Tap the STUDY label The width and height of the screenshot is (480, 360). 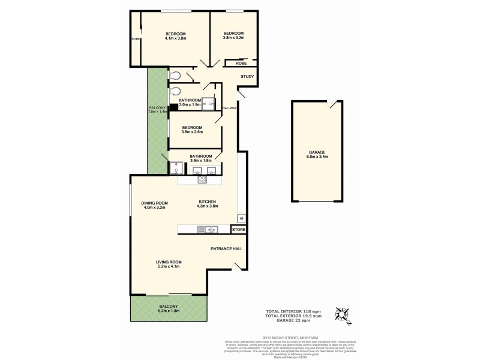click(247, 77)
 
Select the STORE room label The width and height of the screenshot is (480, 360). click(238, 229)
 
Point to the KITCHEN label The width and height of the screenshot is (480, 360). click(206, 202)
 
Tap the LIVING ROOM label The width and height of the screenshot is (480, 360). click(169, 262)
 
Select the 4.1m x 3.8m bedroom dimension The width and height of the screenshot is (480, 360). click(175, 38)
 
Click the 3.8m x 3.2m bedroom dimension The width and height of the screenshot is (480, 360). click(233, 38)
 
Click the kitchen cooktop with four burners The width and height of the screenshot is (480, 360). click(202, 179)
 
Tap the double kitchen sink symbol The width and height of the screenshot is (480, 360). click(211, 229)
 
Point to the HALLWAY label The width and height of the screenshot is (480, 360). click(229, 108)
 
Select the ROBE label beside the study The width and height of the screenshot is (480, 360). click(241, 62)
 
